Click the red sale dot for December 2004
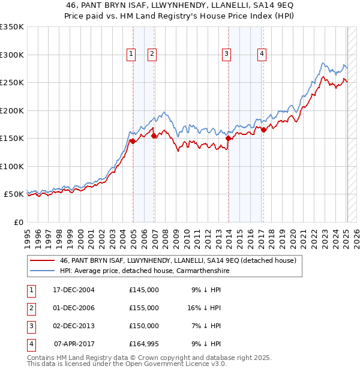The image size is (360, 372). click(x=133, y=141)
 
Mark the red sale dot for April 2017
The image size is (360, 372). click(x=264, y=130)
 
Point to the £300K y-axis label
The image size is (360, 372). click(x=11, y=55)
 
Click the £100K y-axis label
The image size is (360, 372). click(x=11, y=166)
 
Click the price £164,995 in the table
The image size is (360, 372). click(x=144, y=344)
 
